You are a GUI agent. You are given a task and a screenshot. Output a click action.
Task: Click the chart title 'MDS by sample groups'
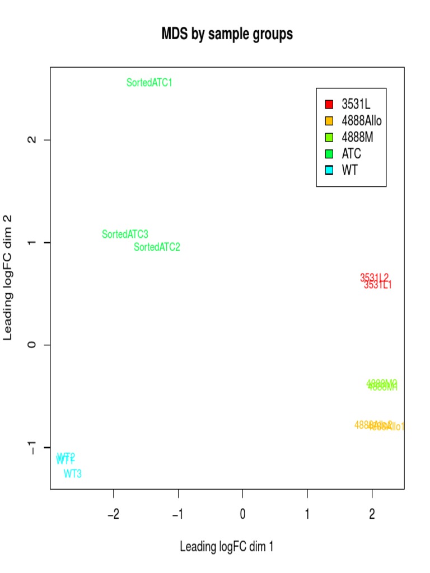click(227, 35)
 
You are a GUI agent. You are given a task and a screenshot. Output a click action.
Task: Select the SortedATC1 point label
click(149, 83)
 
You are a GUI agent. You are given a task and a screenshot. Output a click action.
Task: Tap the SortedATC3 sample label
click(125, 234)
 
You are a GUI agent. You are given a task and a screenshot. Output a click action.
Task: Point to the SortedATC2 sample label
click(157, 247)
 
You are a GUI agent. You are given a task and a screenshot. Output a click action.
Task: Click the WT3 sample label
click(73, 474)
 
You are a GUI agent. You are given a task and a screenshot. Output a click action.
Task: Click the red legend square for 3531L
click(329, 104)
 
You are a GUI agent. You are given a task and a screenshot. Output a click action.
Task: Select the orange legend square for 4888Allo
click(329, 120)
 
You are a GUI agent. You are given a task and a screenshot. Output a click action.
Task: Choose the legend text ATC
click(352, 153)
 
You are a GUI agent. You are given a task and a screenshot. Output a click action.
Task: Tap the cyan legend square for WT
click(329, 170)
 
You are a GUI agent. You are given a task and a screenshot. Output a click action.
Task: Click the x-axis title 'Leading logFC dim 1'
click(227, 547)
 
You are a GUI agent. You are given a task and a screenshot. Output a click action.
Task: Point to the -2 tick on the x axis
click(114, 514)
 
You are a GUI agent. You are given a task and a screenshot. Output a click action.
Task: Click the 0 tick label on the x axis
click(243, 514)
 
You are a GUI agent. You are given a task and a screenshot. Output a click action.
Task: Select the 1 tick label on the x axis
click(307, 514)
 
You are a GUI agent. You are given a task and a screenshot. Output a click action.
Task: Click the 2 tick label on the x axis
click(372, 514)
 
